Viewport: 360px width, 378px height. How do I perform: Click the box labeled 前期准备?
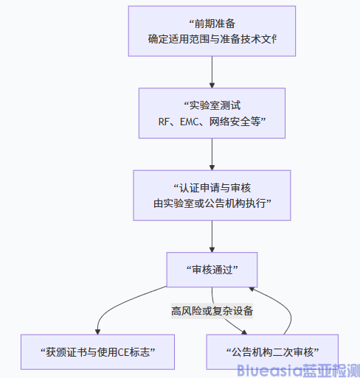[x=212, y=30]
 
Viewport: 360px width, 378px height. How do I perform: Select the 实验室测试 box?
[x=212, y=113]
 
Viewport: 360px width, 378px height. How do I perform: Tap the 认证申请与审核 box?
[x=212, y=195]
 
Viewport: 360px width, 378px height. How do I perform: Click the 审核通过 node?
[x=212, y=268]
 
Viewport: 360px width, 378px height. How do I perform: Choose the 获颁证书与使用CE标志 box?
[x=97, y=351]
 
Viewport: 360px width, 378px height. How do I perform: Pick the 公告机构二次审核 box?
[x=271, y=351]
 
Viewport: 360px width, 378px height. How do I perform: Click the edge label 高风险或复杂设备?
[x=212, y=311]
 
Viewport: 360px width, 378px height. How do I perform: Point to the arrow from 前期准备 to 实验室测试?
[x=212, y=72]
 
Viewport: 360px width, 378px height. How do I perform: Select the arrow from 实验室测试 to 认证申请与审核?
[x=212, y=154]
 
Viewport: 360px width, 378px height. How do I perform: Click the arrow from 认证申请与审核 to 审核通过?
[x=212, y=236]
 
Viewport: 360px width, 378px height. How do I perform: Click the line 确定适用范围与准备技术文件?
[x=212, y=38]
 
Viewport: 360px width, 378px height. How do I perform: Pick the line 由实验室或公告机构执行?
[x=212, y=203]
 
